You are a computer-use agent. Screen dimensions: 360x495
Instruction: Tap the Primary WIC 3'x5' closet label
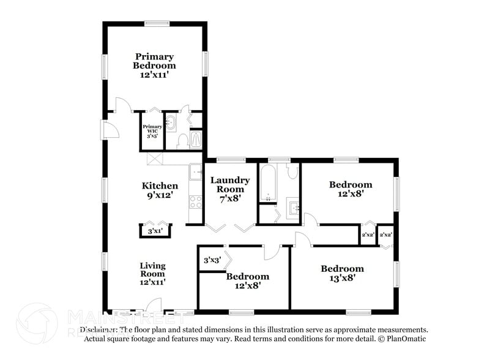pyautogui.click(x=152, y=131)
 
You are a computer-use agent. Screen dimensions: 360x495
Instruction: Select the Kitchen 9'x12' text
pyautogui.click(x=160, y=190)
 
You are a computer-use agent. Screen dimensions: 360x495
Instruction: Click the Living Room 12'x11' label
pyautogui.click(x=152, y=274)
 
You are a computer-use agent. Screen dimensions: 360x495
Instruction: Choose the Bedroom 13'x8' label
pyautogui.click(x=342, y=273)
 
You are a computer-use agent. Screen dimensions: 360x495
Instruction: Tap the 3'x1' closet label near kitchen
pyautogui.click(x=155, y=232)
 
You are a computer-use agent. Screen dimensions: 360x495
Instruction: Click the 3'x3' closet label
pyautogui.click(x=212, y=260)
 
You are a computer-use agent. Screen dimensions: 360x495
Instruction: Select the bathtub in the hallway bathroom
pyautogui.click(x=268, y=182)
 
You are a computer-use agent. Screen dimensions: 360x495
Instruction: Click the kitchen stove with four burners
pyautogui.click(x=196, y=202)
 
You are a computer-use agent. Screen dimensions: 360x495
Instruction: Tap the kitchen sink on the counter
pyautogui.click(x=195, y=171)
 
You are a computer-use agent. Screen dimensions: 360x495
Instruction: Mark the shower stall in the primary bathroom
pyautogui.click(x=196, y=140)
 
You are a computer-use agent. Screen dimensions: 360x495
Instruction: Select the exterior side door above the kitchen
pyautogui.click(x=111, y=130)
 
